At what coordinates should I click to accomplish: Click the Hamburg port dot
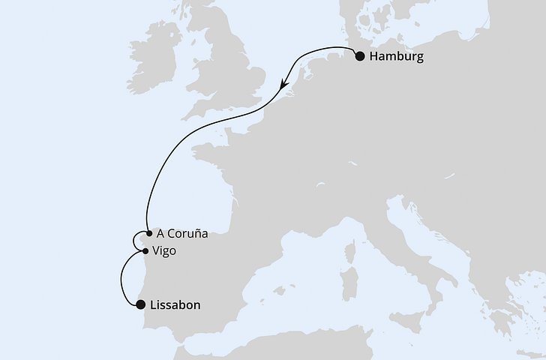[359, 56]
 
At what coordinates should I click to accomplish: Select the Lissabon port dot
[139, 304]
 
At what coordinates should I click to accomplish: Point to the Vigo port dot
[145, 250]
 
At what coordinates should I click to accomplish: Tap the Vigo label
[163, 251]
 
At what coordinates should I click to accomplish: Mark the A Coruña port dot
[149, 233]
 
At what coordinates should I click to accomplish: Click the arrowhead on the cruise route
[283, 83]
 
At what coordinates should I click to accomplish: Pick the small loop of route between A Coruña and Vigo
[134, 241]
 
